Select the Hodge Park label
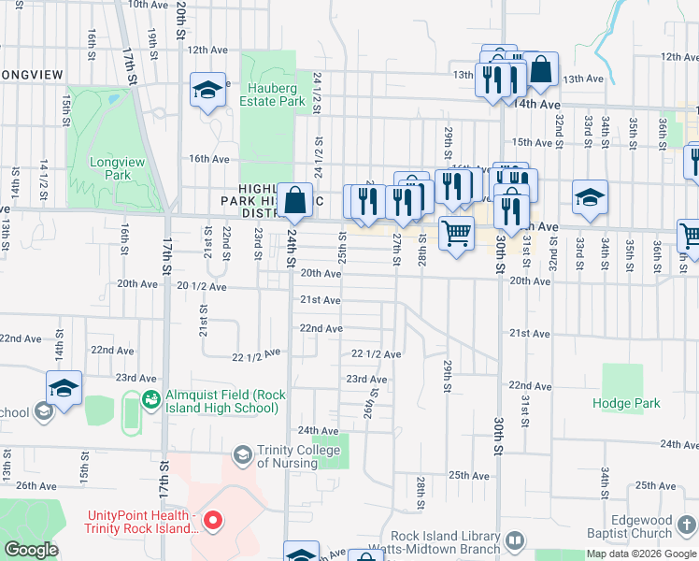click(626, 403)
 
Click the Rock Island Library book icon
click(516, 540)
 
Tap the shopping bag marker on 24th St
click(295, 198)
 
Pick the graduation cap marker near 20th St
click(208, 90)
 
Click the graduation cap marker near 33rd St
click(590, 197)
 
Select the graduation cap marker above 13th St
click(64, 388)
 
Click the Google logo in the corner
click(31, 550)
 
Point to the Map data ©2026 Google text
click(642, 554)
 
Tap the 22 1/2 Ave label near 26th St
click(376, 354)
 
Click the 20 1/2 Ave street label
click(201, 287)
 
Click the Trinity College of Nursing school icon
click(243, 454)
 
